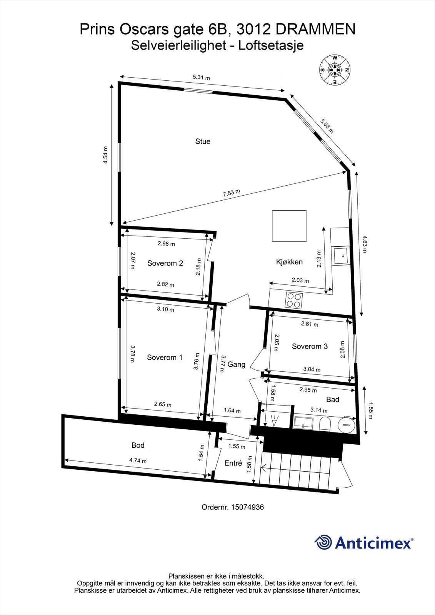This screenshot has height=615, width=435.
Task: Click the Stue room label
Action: click(x=203, y=141)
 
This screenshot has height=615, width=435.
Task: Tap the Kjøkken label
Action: click(x=289, y=262)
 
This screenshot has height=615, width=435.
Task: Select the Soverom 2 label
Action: click(x=165, y=263)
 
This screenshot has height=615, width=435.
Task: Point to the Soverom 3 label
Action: click(x=310, y=346)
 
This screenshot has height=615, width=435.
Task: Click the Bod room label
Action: click(x=138, y=445)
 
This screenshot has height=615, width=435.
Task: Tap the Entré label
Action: click(x=233, y=463)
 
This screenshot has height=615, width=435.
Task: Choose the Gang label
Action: click(x=236, y=364)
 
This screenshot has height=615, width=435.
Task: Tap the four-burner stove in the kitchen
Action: click(x=294, y=300)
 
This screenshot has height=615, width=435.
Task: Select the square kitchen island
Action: click(x=289, y=226)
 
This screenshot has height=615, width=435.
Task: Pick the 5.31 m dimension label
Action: click(x=201, y=78)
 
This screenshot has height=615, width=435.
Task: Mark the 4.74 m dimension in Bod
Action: click(x=138, y=461)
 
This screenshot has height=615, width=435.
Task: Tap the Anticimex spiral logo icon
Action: click(x=323, y=542)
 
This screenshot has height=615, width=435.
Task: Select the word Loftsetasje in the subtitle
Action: click(x=271, y=45)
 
